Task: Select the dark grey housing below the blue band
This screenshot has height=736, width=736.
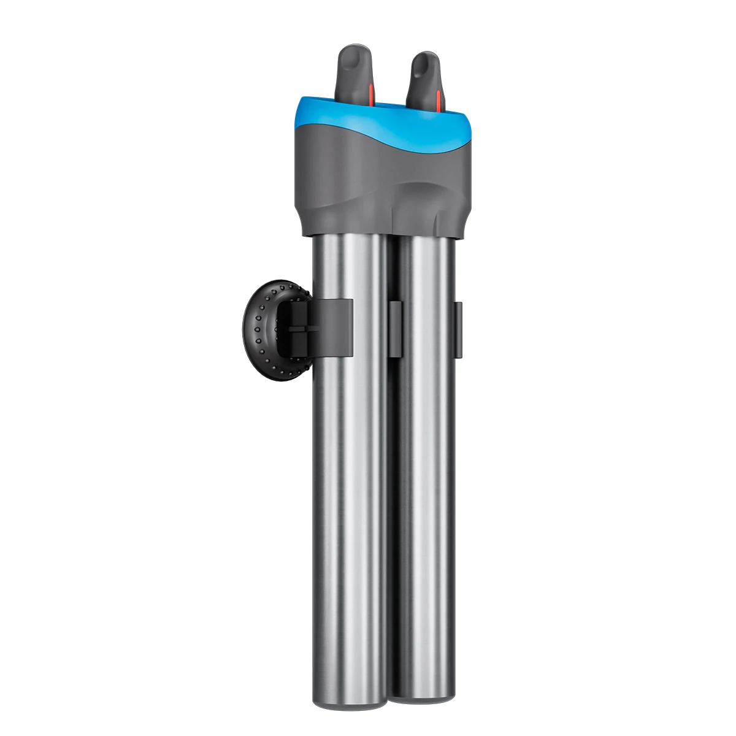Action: [368, 184]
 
